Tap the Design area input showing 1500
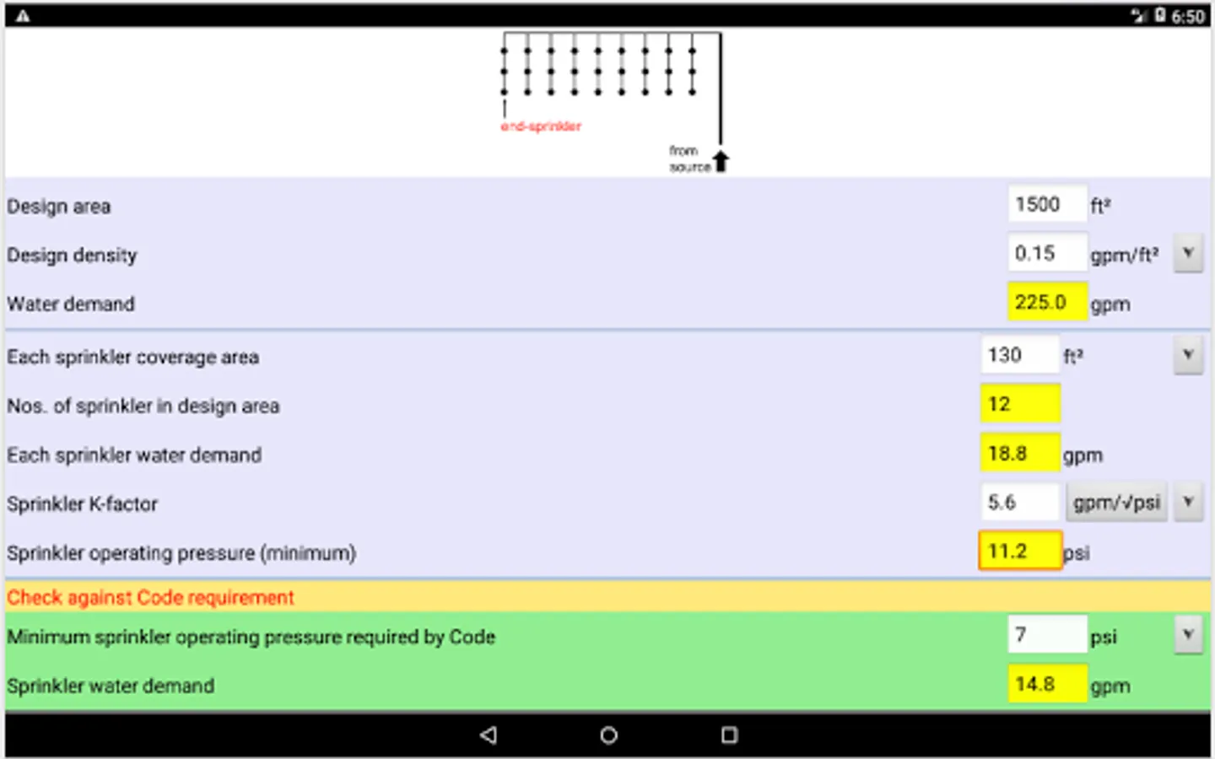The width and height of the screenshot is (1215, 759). coord(1046,205)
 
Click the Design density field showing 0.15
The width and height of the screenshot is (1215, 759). coord(1046,254)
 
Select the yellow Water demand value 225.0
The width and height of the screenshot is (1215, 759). coord(1046,302)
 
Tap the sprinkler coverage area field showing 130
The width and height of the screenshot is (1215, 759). coord(1018,355)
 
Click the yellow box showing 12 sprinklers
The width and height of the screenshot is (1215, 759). coord(1019,404)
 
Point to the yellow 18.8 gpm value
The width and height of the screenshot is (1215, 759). coord(1019,454)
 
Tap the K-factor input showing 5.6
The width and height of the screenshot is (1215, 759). coord(1018,503)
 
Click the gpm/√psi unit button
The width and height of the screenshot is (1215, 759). coord(1116,503)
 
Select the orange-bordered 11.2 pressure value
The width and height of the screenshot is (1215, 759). coord(1019,551)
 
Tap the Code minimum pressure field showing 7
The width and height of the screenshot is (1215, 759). coord(1046,634)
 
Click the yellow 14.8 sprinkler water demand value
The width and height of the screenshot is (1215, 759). coord(1046,684)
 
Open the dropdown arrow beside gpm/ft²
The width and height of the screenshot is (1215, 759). coord(1188,253)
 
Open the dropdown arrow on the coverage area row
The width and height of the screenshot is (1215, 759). coord(1188,355)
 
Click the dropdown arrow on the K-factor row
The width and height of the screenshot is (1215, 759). coord(1188,503)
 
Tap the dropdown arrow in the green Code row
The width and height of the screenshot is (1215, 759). coord(1188,634)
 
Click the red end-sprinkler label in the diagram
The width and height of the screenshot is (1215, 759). coord(541,126)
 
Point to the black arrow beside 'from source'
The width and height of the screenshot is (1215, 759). coord(721,161)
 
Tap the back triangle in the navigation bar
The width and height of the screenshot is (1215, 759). coord(489,735)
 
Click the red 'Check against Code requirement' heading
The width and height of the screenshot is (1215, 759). coord(151,597)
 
